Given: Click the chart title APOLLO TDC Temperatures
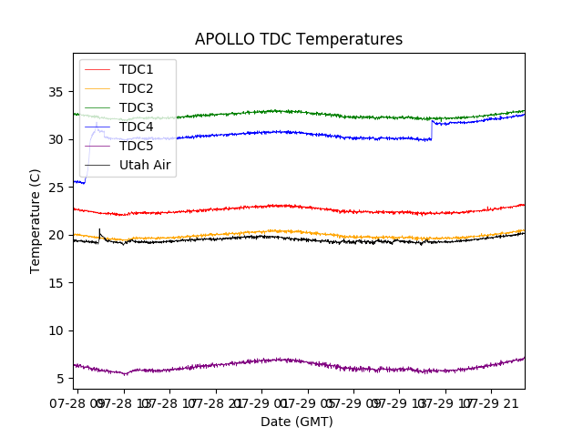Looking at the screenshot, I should point(299,39).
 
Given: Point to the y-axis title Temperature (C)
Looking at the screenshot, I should point(35,221).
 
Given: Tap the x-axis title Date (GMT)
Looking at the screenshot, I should point(297,422).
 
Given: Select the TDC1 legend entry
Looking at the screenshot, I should point(136,70).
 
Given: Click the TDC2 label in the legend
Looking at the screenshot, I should point(136,89).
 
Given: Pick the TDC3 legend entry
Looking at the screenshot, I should point(136,108).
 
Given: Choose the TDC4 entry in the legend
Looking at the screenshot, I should point(136,127).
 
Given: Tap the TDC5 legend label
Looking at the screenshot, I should point(136,147).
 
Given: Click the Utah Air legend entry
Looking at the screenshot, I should point(145,166).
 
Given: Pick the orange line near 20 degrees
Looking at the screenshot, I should point(273,231).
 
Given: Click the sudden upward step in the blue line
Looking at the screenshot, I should point(432,130).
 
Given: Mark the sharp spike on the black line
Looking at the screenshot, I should point(99,231).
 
